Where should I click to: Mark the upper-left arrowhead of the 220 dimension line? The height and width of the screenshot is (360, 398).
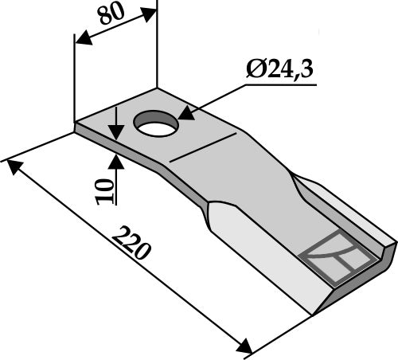(x=12, y=165)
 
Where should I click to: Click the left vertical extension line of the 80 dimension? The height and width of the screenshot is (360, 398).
(x=74, y=80)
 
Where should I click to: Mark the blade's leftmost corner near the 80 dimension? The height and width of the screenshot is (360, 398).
(x=76, y=125)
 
